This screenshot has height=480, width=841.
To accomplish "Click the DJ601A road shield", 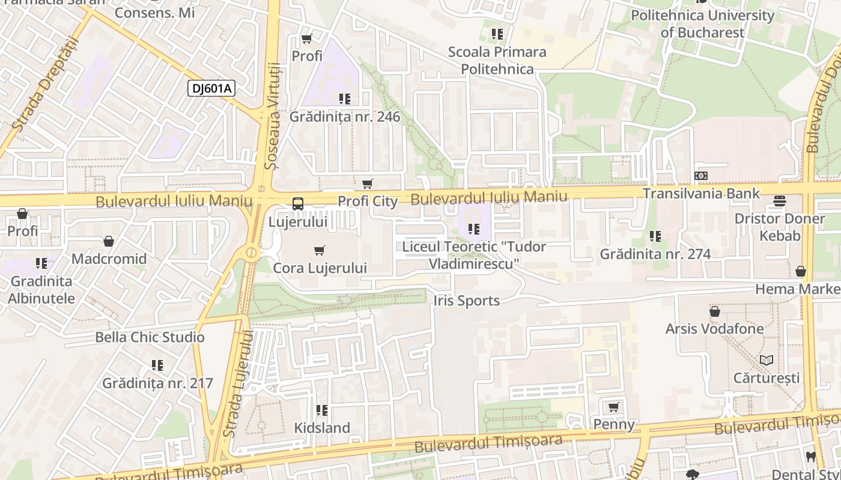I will tap(211, 89).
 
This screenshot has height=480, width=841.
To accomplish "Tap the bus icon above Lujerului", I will tap(298, 203).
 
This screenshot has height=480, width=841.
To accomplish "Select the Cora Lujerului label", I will tap(320, 268).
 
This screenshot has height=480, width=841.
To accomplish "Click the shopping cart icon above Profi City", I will tap(367, 184).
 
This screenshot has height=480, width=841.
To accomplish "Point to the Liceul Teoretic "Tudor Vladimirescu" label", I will tap(474, 255).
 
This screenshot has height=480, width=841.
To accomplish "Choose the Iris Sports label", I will tap(466, 301).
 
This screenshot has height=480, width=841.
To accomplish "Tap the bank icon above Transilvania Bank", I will tap(700, 176).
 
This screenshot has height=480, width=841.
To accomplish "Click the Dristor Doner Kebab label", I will tap(780, 227).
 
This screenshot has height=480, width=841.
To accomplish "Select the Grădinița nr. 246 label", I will tap(344, 116).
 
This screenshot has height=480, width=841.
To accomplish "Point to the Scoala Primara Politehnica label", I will tap(497, 60).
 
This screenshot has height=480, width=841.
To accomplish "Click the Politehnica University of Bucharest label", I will tap(702, 23).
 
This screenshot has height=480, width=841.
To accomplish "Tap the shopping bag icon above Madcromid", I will tap(109, 241).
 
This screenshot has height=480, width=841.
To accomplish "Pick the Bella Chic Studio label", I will tap(150, 337).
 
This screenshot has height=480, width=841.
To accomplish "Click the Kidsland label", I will tap(322, 428).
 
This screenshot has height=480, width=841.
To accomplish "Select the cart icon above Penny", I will tap(613, 407).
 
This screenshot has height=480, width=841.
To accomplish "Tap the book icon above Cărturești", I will tap(766, 360).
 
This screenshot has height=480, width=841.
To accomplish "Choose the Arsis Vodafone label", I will tap(714, 329).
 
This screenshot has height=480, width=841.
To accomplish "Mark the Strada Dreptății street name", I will tap(46, 84).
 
